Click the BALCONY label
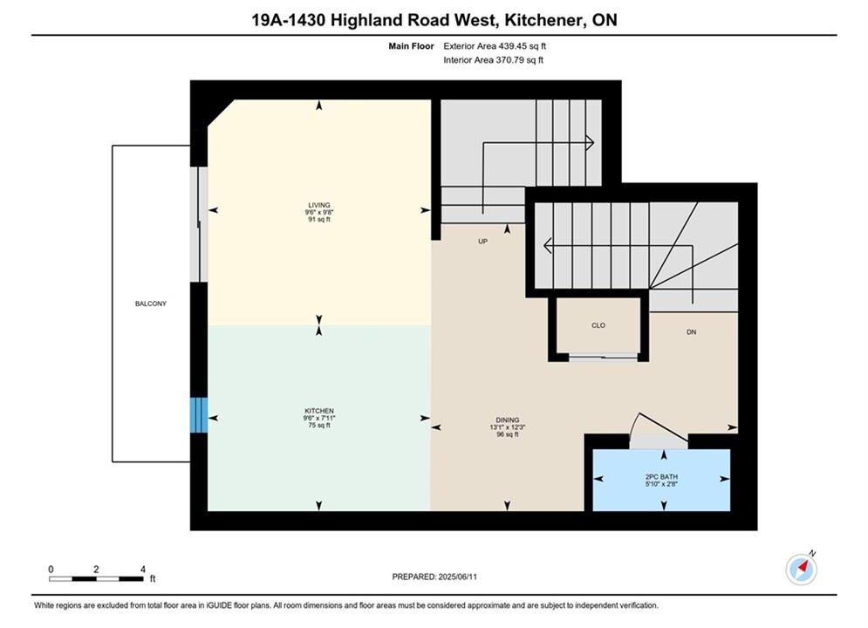(x=151, y=304)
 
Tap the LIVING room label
(x=319, y=205)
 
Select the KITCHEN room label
(x=319, y=411)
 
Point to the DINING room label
(x=507, y=420)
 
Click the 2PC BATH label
(x=661, y=476)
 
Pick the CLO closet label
(x=598, y=325)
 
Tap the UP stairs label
(x=482, y=242)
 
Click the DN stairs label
(x=692, y=332)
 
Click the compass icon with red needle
(x=801, y=569)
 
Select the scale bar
(x=96, y=579)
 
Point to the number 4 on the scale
(x=143, y=570)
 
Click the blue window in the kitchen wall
(x=199, y=415)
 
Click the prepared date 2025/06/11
(x=458, y=577)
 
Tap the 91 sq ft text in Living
(x=319, y=220)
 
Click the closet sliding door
(x=603, y=357)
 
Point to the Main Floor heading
(x=411, y=46)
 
